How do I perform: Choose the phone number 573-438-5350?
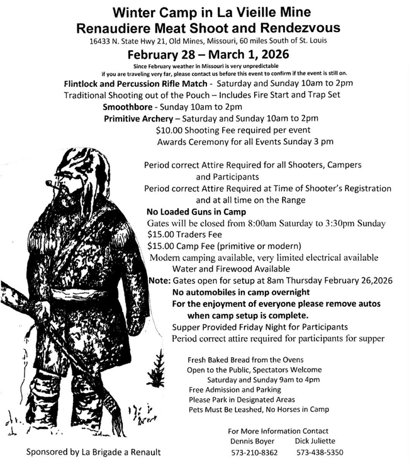pos(320,452)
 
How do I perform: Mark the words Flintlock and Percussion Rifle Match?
pos(137,83)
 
